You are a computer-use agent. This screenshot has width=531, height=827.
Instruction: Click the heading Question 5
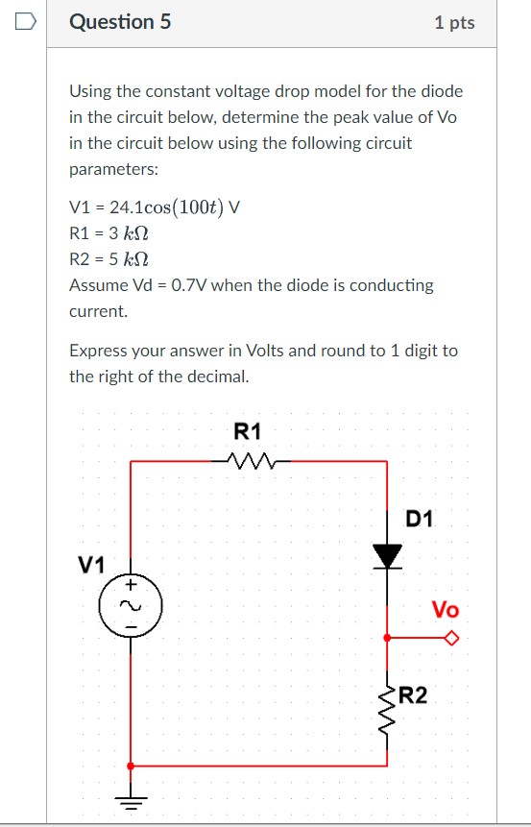click(120, 21)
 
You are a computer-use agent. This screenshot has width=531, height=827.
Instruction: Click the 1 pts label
click(454, 22)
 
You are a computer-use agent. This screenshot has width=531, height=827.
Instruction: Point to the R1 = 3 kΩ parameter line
click(109, 232)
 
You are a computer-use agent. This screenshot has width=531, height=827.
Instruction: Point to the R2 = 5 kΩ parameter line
click(109, 258)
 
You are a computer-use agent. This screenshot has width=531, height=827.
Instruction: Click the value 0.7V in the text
click(179, 285)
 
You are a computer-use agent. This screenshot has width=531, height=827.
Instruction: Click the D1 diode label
click(420, 520)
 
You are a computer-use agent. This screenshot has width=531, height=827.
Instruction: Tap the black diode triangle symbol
click(388, 555)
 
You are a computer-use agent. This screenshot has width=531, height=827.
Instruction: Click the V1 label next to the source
click(91, 565)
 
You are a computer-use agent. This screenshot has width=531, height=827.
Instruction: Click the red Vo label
click(445, 610)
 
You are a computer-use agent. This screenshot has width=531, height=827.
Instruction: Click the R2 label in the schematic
click(414, 693)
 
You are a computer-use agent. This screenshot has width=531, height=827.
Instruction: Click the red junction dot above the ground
click(132, 766)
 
